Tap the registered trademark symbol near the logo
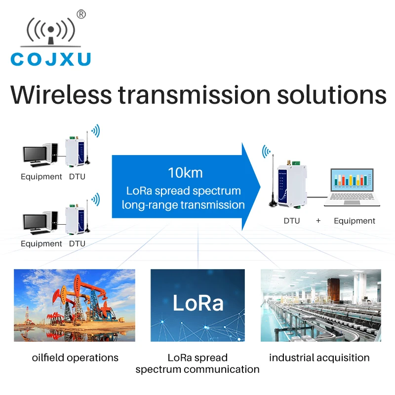81,15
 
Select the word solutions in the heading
331,95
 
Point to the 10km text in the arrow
185,173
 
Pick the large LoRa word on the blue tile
198,303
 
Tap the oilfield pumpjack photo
75,305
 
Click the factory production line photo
320,305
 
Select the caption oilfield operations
75,357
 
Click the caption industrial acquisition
319,357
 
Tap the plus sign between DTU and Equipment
318,221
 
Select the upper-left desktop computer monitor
36,155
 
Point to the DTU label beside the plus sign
292,221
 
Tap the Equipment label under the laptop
355,221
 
